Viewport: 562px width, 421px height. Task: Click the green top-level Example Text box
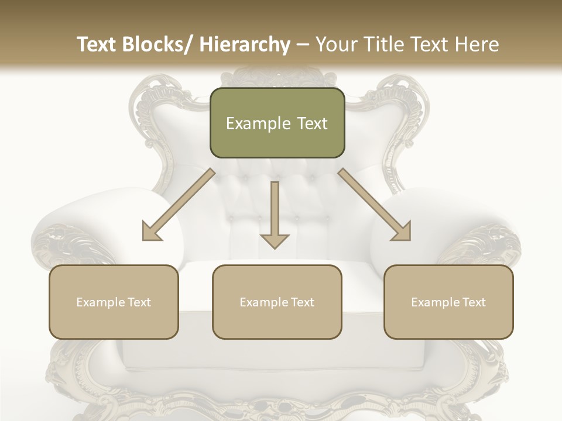pos(277,123)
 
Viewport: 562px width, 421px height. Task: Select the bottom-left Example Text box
pos(114,302)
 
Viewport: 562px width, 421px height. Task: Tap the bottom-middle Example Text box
pos(277,302)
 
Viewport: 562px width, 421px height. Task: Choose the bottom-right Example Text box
pos(448,302)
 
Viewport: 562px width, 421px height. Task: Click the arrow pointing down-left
pos(179,205)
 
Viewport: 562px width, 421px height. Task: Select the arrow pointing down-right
pos(375,205)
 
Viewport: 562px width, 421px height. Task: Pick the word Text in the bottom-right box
pos(473,302)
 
